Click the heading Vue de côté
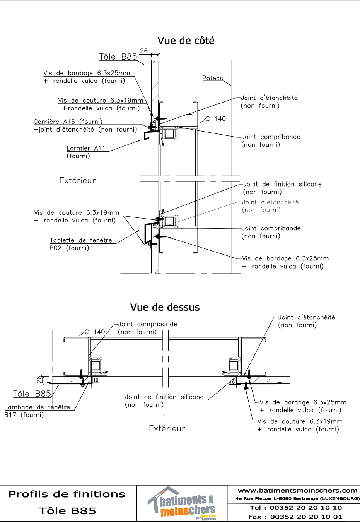click(186, 41)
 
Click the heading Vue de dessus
click(165, 307)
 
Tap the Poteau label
click(213, 78)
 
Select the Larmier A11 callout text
click(86, 148)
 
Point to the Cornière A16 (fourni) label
click(68, 122)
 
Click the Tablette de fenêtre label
click(81, 240)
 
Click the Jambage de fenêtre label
click(37, 407)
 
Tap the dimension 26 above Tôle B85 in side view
click(144, 51)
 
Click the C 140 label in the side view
click(215, 119)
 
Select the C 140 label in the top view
click(95, 332)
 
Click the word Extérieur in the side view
click(77, 180)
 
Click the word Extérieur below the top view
click(167, 428)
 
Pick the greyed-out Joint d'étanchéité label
click(270, 202)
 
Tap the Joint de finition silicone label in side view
click(282, 184)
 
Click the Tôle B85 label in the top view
click(32, 394)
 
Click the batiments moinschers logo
click(182, 503)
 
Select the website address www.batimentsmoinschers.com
click(297, 490)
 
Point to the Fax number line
click(295, 517)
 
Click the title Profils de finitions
click(67, 494)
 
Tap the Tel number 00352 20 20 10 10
click(305, 507)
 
